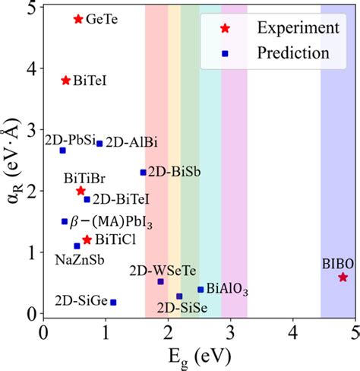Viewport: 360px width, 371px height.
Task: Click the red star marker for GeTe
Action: [x=77, y=18]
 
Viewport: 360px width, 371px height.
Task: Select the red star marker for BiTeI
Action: [x=66, y=80]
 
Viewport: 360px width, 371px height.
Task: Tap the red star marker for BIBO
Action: [x=343, y=277]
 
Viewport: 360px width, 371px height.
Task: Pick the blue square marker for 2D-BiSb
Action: [x=143, y=172]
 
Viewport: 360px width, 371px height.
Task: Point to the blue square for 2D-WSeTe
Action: [x=160, y=281]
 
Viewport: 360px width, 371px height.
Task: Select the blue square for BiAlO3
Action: [x=201, y=289]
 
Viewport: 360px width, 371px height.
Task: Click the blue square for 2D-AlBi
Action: [x=99, y=143]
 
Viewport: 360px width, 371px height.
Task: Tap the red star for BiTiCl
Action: [x=87, y=239]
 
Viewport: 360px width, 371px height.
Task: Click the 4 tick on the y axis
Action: [x=30, y=68]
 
